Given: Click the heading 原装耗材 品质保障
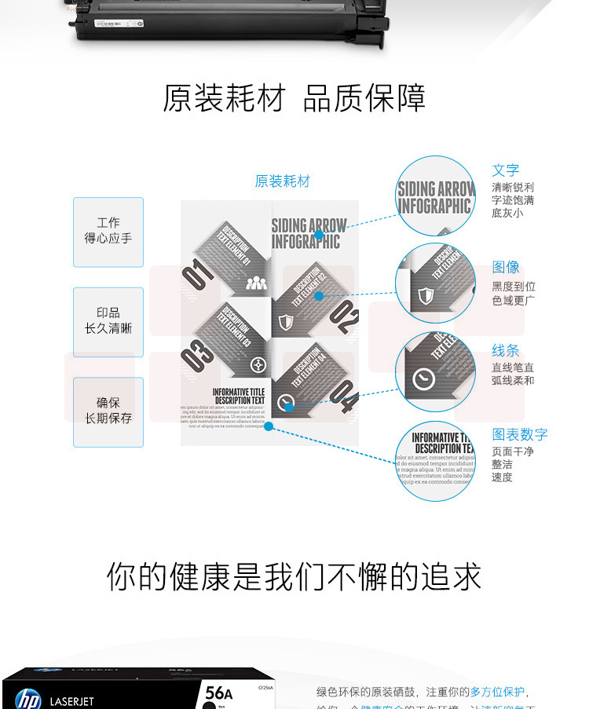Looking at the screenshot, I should tap(294, 98).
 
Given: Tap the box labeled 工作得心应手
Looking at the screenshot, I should tap(108, 231).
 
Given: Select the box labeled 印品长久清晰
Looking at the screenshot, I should tap(108, 321).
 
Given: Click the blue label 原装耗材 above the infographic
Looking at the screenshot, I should tap(283, 181).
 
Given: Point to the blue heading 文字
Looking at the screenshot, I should tap(506, 170).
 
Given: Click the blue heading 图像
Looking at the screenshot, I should tap(506, 268).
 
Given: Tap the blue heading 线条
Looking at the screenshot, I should tap(506, 351).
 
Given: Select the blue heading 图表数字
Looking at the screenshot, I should tap(520, 434).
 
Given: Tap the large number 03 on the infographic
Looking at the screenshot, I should tap(197, 357).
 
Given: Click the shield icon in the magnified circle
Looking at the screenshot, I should tap(426, 296).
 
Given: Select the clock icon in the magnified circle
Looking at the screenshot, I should tap(424, 379).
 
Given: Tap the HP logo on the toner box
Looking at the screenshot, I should tap(27, 698).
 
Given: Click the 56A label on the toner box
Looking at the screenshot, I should tap(218, 693).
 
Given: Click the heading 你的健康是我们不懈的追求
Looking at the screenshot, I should tap(294, 577).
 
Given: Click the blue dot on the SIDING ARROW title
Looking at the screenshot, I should tap(319, 234).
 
